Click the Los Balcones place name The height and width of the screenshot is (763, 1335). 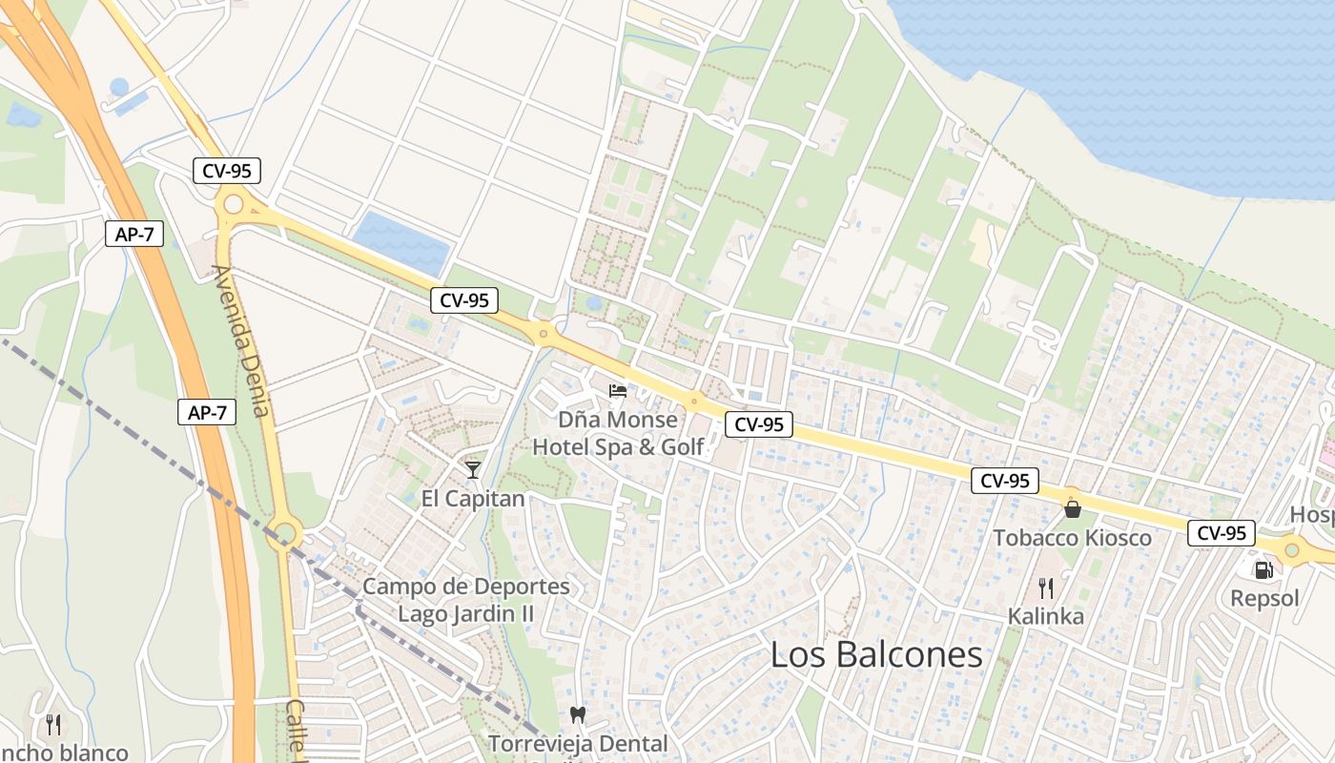(x=875, y=654)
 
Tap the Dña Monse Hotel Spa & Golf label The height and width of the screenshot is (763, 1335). (x=618, y=433)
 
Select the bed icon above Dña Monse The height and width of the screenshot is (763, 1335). (x=618, y=390)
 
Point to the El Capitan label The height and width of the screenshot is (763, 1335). (x=473, y=499)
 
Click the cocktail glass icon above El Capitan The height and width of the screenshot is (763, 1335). (x=472, y=469)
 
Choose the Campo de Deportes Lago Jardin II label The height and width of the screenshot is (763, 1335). (x=466, y=600)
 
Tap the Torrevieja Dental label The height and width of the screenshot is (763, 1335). (x=578, y=743)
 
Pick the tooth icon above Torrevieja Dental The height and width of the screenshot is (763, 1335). (x=577, y=713)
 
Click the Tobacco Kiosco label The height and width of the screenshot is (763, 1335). (x=1072, y=538)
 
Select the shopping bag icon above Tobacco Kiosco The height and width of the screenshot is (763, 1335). (x=1072, y=508)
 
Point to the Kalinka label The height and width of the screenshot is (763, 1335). (x=1046, y=617)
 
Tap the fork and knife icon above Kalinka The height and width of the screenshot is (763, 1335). (x=1046, y=588)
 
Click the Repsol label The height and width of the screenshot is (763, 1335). (x=1264, y=599)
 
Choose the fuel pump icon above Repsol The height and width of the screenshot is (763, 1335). (x=1264, y=569)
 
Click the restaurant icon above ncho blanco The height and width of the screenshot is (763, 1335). (x=53, y=724)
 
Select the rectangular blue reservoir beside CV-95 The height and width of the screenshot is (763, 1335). (x=401, y=243)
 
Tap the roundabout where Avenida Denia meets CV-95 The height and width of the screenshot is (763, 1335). (x=234, y=203)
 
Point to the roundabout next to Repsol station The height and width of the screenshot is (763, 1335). (x=1292, y=548)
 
